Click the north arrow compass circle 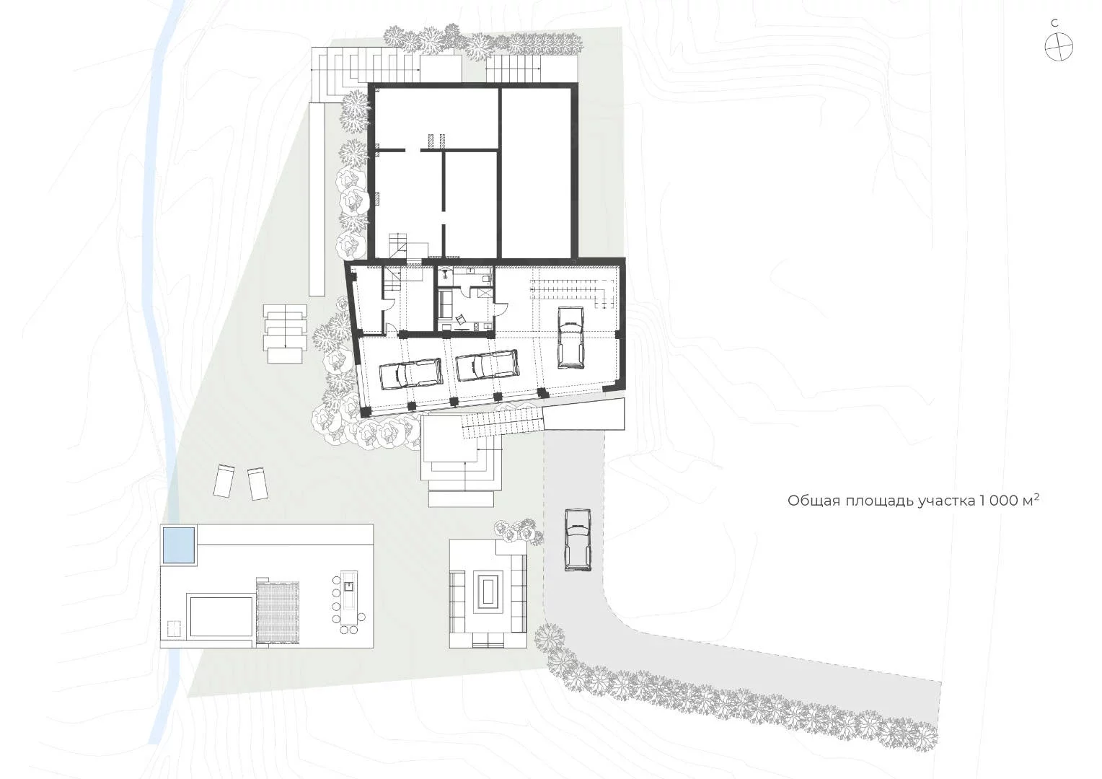[x=1059, y=47]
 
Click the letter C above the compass [x=1054, y=23]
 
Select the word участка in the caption [x=940, y=501]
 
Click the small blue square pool [x=179, y=545]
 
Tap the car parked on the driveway [x=578, y=540]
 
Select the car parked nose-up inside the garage [x=570, y=337]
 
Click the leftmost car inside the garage [x=411, y=374]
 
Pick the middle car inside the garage [x=488, y=365]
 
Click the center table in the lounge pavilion [x=488, y=591]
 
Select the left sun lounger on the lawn [x=224, y=481]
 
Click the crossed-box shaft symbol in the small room [x=485, y=292]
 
